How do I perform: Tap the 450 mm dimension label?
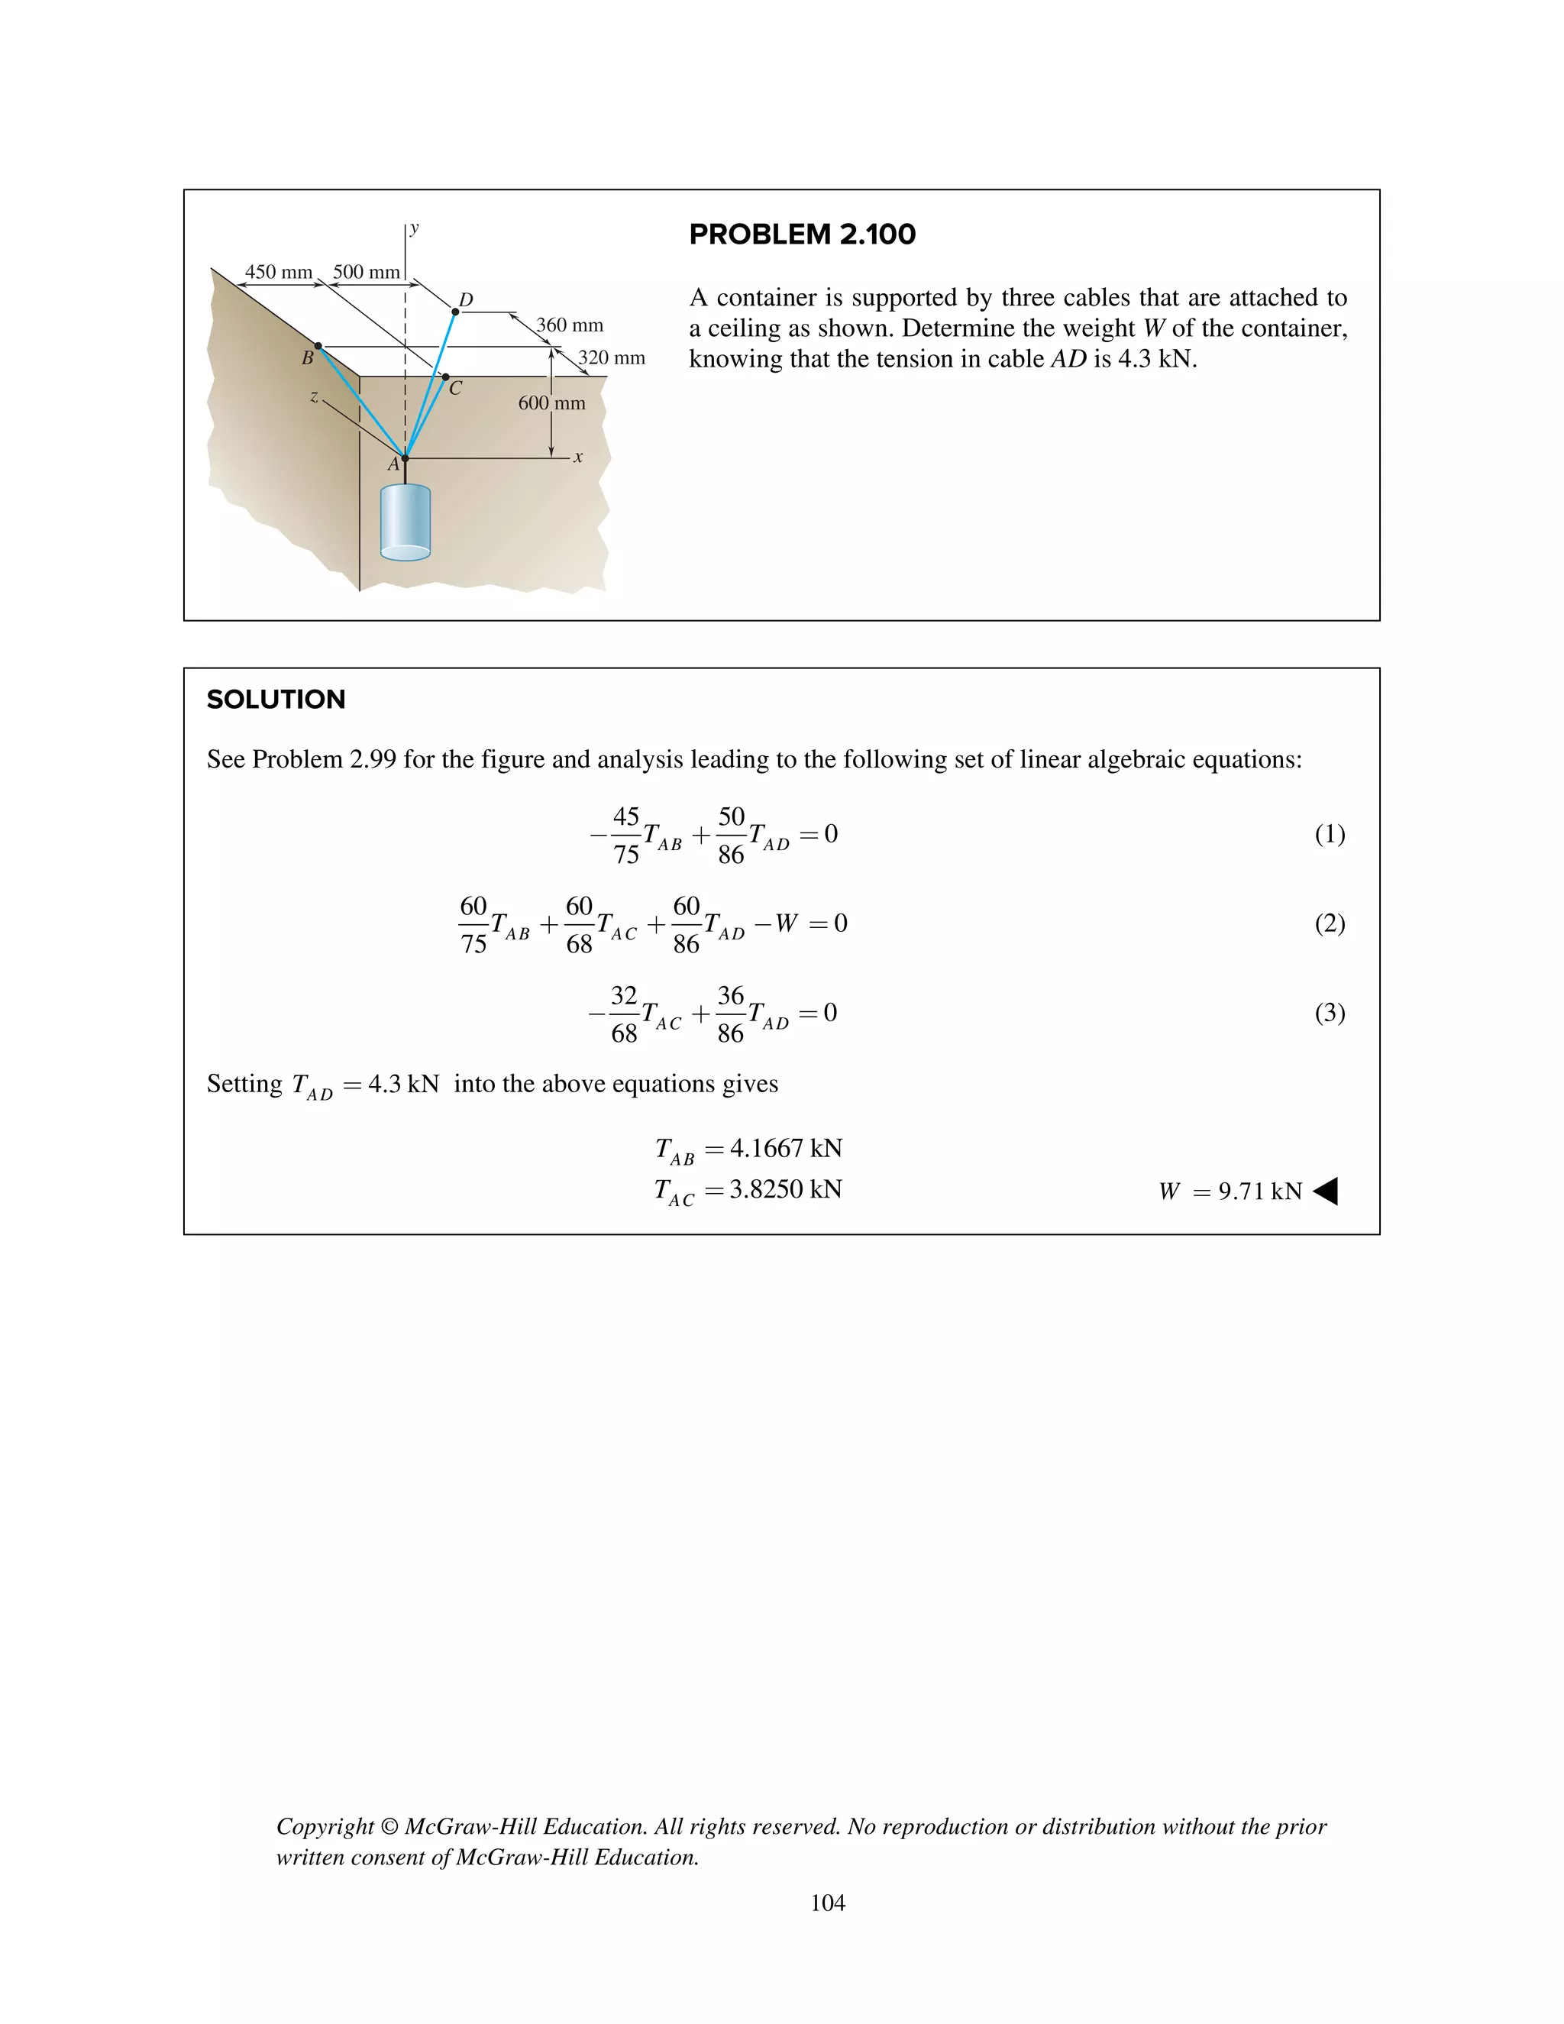278,272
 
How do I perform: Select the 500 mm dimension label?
366,272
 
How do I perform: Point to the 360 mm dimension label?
570,325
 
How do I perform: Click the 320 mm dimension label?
612,357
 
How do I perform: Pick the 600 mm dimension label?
551,403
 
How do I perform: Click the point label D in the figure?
466,299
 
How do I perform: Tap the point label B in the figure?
307,357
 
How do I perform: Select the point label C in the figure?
455,390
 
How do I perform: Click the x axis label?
578,457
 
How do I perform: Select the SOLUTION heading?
276,700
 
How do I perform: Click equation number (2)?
1330,923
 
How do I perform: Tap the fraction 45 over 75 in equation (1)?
626,835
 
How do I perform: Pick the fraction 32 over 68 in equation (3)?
625,1014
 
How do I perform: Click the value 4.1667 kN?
786,1148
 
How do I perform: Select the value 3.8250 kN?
786,1189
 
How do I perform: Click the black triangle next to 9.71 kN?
1326,1191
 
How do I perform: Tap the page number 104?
827,1903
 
